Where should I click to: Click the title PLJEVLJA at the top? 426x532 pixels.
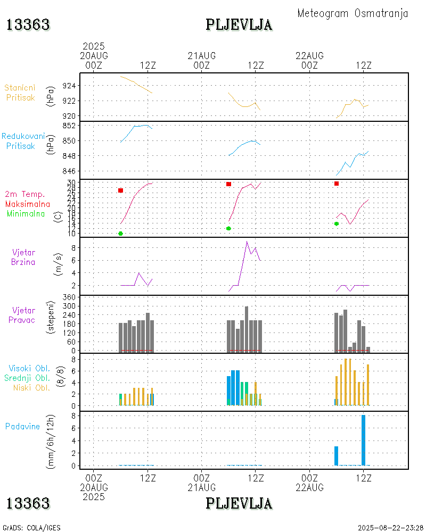[x=239, y=24]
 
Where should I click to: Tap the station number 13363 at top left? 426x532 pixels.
[x=28, y=24]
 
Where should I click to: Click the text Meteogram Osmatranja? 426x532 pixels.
[x=353, y=13]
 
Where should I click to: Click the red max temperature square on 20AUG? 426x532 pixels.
[x=121, y=190]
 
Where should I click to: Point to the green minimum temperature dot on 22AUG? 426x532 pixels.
[x=337, y=223]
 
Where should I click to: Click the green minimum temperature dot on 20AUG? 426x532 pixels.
[x=121, y=234]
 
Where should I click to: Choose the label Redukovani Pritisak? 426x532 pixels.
[x=22, y=141]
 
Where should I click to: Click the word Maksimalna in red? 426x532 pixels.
[x=28, y=204]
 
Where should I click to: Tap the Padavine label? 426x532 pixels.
[x=22, y=426]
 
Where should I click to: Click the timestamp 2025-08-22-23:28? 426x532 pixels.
[x=391, y=528]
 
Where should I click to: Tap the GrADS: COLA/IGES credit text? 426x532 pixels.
[x=31, y=528]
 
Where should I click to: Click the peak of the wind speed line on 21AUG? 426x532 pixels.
[x=247, y=242]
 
